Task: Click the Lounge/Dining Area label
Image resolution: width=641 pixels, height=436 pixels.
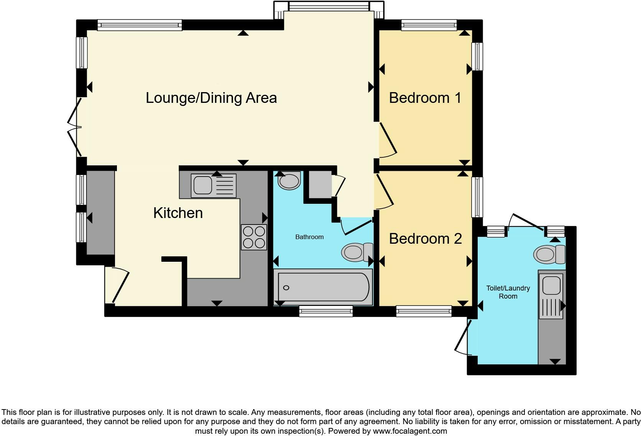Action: tap(211, 98)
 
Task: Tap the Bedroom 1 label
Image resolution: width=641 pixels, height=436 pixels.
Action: tap(425, 98)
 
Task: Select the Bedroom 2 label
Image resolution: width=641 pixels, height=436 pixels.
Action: tap(425, 239)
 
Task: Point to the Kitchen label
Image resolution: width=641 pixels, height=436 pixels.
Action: tap(178, 213)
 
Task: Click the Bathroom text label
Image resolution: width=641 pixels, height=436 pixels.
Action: tap(309, 237)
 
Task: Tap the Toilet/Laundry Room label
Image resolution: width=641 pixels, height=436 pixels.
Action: tap(508, 292)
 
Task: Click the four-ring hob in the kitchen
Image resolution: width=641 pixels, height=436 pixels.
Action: tap(254, 238)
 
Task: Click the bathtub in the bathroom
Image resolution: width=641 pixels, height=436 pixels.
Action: tap(323, 287)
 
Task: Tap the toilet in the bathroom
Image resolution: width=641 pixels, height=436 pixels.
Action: tap(357, 252)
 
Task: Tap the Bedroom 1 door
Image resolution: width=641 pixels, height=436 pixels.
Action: tap(387, 140)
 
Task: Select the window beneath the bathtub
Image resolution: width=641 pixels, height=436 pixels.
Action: tap(326, 311)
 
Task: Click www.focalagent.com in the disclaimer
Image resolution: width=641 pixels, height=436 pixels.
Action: tap(409, 431)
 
